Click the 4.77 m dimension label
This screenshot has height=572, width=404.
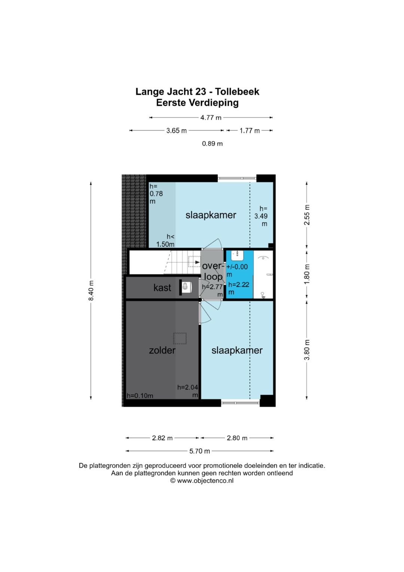point(211,118)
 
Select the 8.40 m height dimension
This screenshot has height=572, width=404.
point(91,291)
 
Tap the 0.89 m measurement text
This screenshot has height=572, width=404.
point(212,144)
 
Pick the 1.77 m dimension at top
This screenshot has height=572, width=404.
point(250,131)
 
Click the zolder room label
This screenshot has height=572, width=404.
point(162,350)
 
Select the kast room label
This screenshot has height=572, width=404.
point(162,288)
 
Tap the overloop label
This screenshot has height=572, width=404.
point(213,271)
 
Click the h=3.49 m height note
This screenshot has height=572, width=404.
point(261,216)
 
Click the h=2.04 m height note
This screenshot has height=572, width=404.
point(188,391)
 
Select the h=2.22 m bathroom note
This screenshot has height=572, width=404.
point(239,288)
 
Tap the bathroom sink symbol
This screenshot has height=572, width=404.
point(237,254)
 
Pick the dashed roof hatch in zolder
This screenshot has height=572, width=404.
point(180,339)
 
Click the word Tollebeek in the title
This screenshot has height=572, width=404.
point(238,92)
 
